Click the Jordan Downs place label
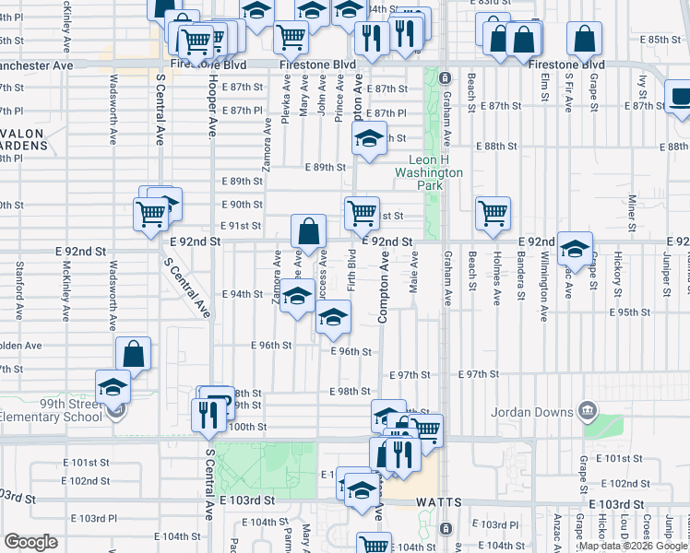534,410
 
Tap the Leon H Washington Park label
429,172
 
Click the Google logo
30,542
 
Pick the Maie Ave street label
414,274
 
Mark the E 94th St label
244,294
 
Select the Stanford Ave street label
19,286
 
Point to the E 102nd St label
89,480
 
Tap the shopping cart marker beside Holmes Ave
494,212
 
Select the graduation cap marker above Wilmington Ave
575,247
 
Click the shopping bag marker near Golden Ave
134,353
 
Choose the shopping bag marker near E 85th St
584,39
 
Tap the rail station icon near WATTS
446,528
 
